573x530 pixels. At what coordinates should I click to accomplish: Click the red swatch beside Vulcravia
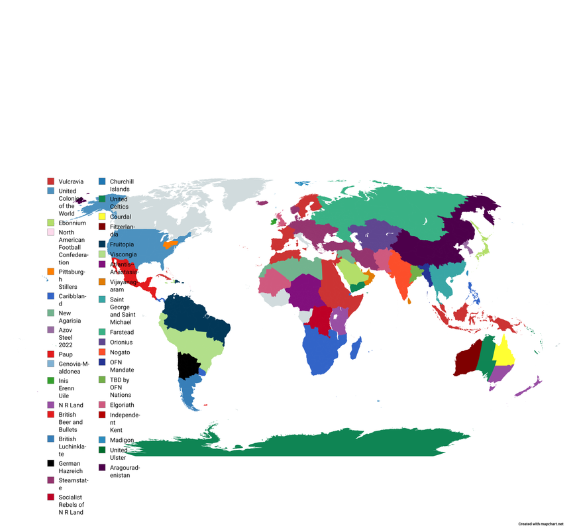(x=50, y=182)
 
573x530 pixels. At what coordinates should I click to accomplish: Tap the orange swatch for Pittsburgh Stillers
(x=50, y=272)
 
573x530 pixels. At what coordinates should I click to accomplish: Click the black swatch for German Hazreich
(x=50, y=464)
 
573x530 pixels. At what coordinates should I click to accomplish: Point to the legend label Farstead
(x=121, y=332)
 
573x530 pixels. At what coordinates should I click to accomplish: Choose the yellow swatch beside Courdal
(x=102, y=217)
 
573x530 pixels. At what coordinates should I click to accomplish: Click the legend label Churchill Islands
(x=121, y=185)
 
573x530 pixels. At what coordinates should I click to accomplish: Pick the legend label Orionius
(x=121, y=342)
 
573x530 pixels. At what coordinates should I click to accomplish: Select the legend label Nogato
(x=120, y=352)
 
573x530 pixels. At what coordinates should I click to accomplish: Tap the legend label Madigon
(x=122, y=440)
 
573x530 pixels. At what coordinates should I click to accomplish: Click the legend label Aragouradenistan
(x=125, y=471)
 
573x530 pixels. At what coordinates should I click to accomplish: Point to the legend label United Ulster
(x=119, y=454)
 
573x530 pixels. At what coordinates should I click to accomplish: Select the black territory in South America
(x=189, y=365)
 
